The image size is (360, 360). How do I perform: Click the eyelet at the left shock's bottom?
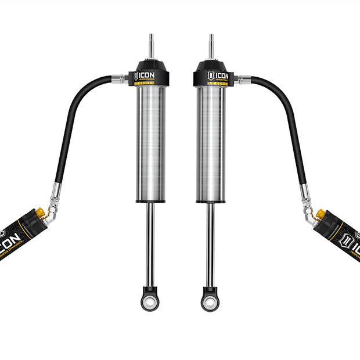click(150, 301)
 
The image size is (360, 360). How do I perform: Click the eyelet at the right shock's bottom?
click(210, 301)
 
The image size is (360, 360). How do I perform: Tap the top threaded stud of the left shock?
click(150, 45)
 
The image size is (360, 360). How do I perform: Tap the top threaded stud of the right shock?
click(210, 45)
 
